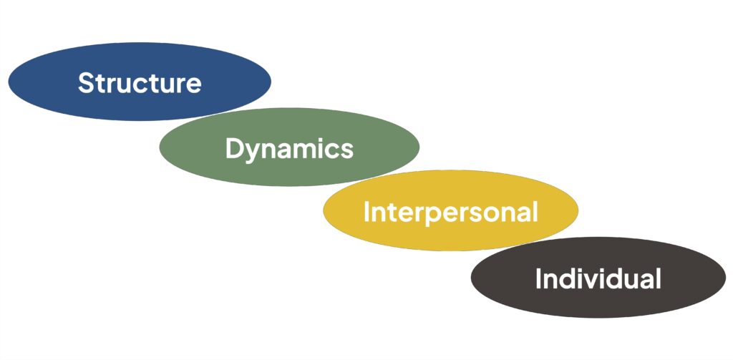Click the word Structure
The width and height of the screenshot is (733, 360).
point(140,83)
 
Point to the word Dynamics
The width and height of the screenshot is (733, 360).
point(289,149)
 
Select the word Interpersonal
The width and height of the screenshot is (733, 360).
point(450,213)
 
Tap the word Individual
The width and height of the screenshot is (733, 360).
point(598,278)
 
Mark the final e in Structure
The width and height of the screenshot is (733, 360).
point(193,84)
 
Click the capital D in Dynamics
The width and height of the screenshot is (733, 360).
point(234,149)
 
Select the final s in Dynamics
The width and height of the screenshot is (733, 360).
point(346,150)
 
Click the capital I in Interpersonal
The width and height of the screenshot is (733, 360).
point(366,213)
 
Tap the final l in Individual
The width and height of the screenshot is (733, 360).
point(657,278)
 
